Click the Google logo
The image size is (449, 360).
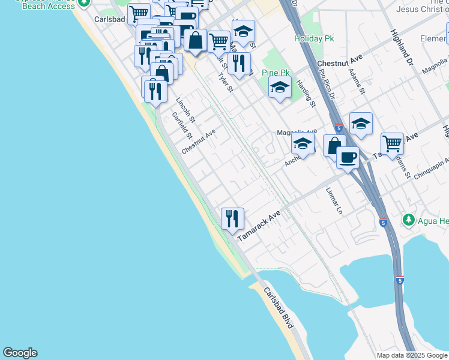point(20,353)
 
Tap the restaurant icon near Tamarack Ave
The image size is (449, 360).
point(232,218)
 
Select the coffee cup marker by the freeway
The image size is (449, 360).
point(348,158)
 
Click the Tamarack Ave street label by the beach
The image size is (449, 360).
point(259,226)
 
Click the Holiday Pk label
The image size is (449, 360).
point(314,38)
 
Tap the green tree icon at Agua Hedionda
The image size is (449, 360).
point(409,220)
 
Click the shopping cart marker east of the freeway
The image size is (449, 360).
point(392,144)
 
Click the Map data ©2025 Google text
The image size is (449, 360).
point(411,355)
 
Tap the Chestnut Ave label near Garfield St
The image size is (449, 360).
point(198,141)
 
